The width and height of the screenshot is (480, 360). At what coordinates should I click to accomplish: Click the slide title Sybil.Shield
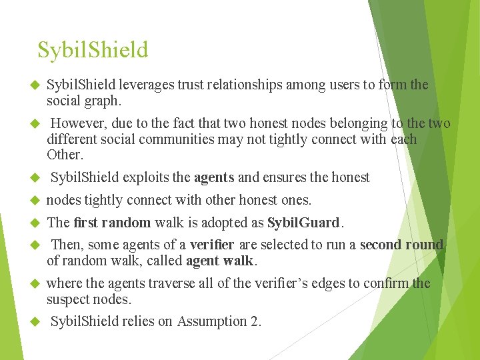point(93,50)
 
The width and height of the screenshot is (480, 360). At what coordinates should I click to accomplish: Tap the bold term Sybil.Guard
point(303,222)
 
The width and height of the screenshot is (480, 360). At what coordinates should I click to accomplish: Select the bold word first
point(89,222)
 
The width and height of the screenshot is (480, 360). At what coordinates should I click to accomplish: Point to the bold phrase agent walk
point(220,261)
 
